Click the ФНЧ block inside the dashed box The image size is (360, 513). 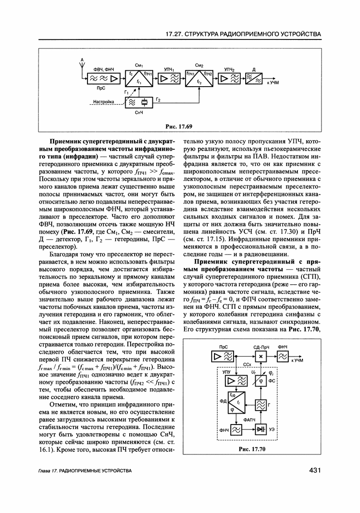(x=236, y=429)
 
